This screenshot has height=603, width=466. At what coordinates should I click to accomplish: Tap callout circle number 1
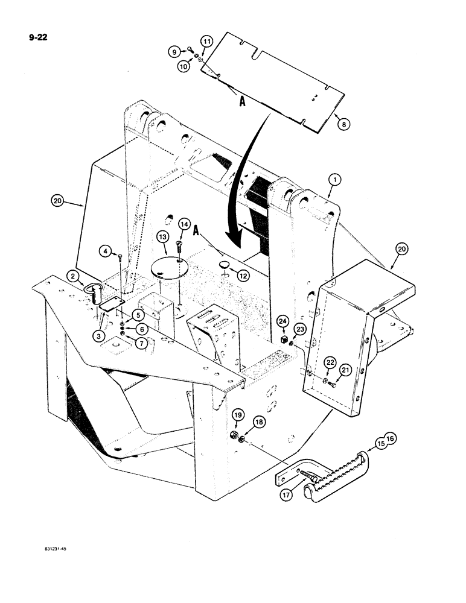pyautogui.click(x=335, y=178)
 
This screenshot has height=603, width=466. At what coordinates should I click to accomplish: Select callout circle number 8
pyautogui.click(x=344, y=125)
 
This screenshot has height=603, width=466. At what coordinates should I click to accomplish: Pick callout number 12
pyautogui.click(x=243, y=276)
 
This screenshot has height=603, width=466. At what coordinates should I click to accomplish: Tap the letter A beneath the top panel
pyautogui.click(x=243, y=103)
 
